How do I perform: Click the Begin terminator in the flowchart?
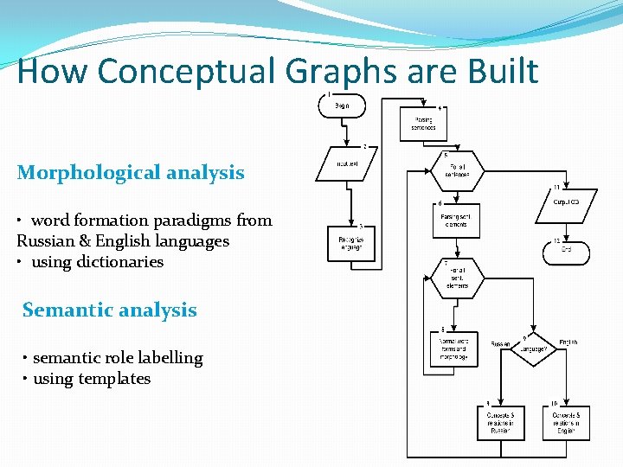click(x=342, y=106)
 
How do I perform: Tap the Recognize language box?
click(x=351, y=243)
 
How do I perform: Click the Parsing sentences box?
click(x=423, y=124)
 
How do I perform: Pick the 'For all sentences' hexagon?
click(x=456, y=170)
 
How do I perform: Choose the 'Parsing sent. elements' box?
click(x=455, y=221)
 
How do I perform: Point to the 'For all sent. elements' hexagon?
click(x=455, y=278)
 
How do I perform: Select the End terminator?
click(x=566, y=252)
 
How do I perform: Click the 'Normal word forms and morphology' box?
click(x=453, y=349)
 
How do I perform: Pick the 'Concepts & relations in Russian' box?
click(x=500, y=422)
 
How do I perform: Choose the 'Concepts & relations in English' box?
click(x=567, y=422)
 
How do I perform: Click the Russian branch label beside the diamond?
click(x=500, y=343)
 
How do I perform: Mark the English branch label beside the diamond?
click(x=568, y=342)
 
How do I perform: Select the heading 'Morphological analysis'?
click(x=131, y=172)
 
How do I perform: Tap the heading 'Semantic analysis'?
click(x=110, y=310)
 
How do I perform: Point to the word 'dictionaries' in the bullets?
click(x=121, y=261)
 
